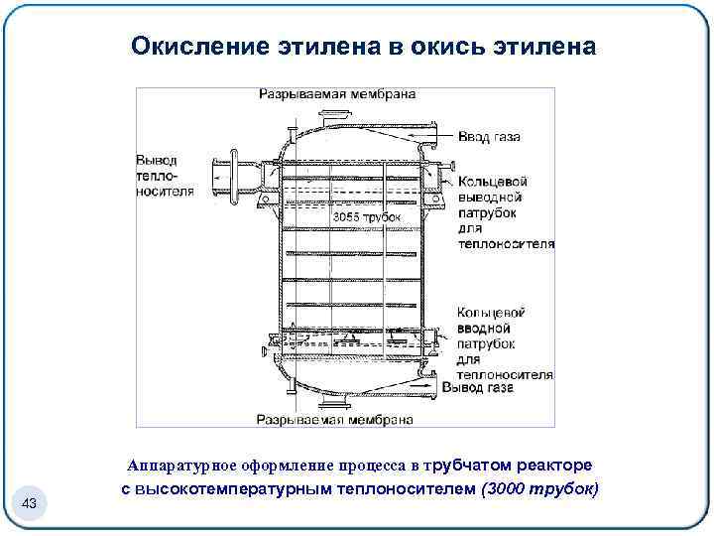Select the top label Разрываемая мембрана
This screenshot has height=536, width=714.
coord(337,94)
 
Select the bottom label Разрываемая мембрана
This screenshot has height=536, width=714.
coord(335,419)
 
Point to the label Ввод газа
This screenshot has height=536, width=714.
coord(489,136)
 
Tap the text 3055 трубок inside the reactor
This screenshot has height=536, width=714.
coord(366,216)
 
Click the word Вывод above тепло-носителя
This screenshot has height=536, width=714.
coord(156,159)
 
